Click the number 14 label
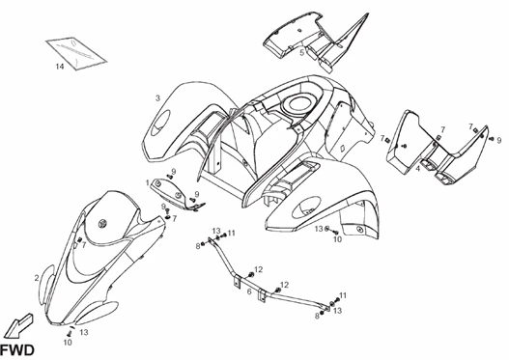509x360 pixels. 59,67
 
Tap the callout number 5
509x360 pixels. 301,53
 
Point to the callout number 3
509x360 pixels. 157,97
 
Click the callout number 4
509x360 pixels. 418,168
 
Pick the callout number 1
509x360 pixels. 148,182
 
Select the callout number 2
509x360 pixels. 37,279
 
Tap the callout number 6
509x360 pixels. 249,291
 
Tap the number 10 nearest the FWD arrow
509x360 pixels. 68,342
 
